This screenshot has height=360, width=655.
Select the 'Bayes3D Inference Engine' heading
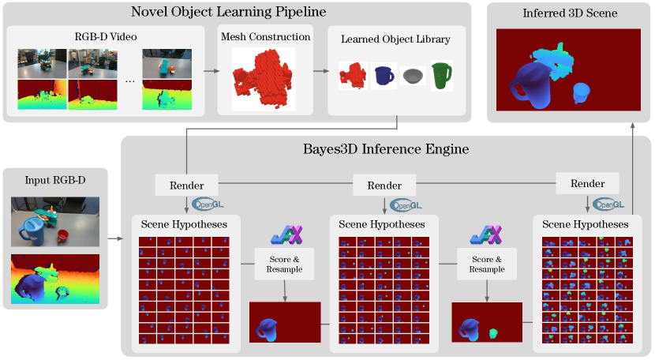386,148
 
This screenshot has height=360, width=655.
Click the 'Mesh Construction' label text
264,36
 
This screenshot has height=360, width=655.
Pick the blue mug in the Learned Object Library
384,76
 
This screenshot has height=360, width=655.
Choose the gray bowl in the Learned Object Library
413,76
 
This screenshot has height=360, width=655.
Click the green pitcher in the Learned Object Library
442,76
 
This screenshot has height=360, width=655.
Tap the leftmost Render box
186,186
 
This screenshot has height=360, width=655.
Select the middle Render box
384,186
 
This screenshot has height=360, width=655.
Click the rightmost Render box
587,184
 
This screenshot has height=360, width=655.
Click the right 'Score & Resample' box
487,264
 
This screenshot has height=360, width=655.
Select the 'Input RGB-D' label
56,181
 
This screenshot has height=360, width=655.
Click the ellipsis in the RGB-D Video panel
129,81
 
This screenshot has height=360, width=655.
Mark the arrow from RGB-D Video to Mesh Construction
211,71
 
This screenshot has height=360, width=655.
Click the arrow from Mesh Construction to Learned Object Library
320,71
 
